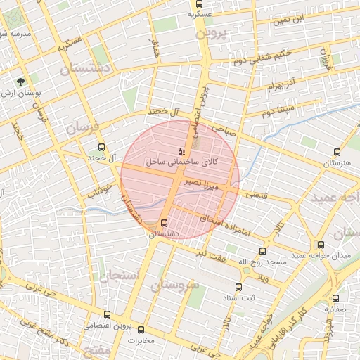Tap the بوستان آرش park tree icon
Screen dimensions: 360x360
coord(20,81)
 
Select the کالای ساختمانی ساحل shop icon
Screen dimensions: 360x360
coord(181,150)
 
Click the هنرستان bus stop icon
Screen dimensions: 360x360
coord(337,151)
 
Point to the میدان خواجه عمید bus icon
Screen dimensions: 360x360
coord(321,245)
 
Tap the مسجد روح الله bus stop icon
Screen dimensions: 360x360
coord(263,251)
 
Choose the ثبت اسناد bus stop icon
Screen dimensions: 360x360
coord(238,287)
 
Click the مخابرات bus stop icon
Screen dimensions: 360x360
coord(141,330)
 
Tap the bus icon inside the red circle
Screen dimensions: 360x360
coord(165,223)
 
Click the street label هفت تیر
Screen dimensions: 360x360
coord(210,256)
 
